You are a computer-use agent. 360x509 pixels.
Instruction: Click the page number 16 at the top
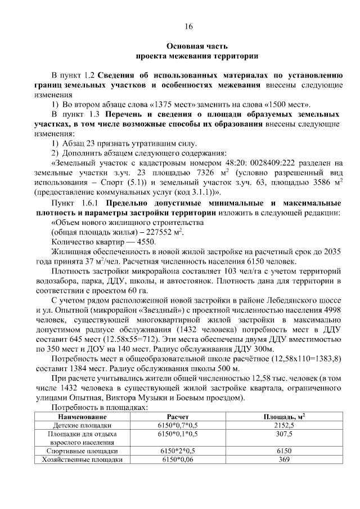(x=188, y=26)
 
